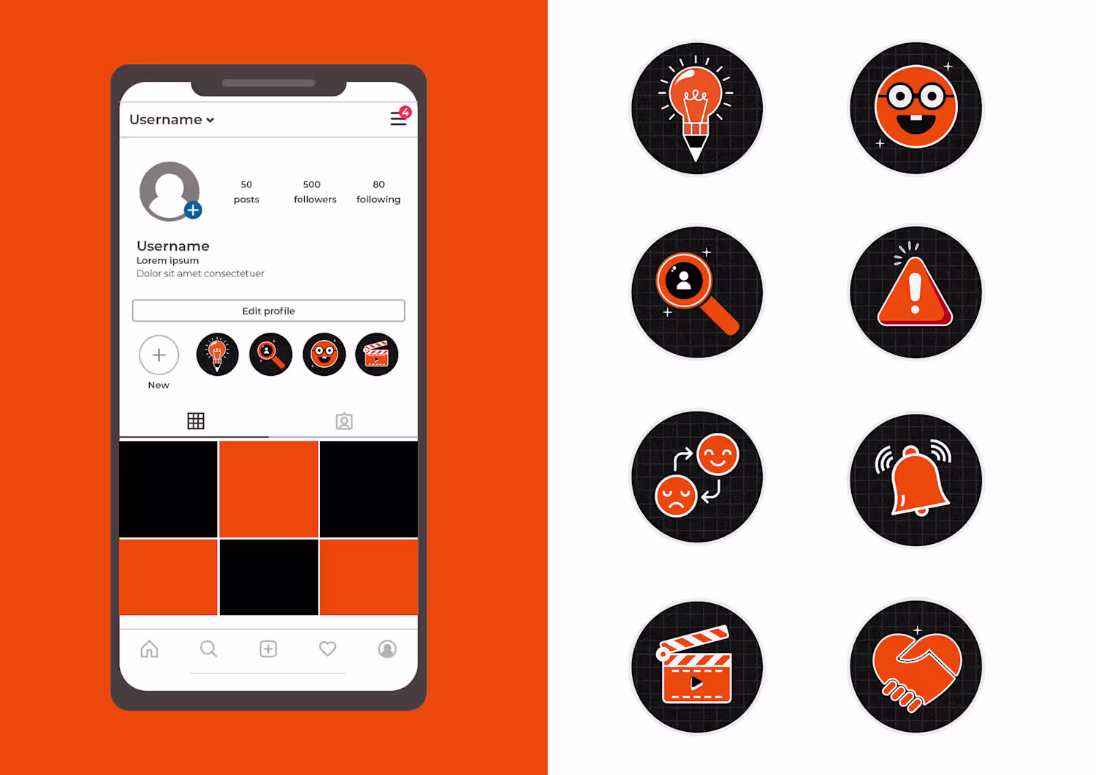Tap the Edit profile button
click(x=268, y=311)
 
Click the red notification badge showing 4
click(x=405, y=112)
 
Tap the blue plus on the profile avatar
click(x=194, y=210)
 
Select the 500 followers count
click(x=315, y=192)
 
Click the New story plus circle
click(x=159, y=355)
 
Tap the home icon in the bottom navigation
click(x=149, y=649)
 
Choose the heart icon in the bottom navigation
click(x=327, y=649)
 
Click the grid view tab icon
click(x=196, y=420)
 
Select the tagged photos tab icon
click(x=344, y=421)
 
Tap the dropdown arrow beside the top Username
click(x=210, y=120)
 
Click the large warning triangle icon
click(x=915, y=292)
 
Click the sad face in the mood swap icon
click(x=675, y=496)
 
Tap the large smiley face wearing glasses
click(x=916, y=106)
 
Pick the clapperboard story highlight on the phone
click(x=376, y=355)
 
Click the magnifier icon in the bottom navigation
click(x=208, y=649)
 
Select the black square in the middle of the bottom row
click(x=269, y=577)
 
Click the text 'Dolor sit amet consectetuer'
click(x=200, y=273)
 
